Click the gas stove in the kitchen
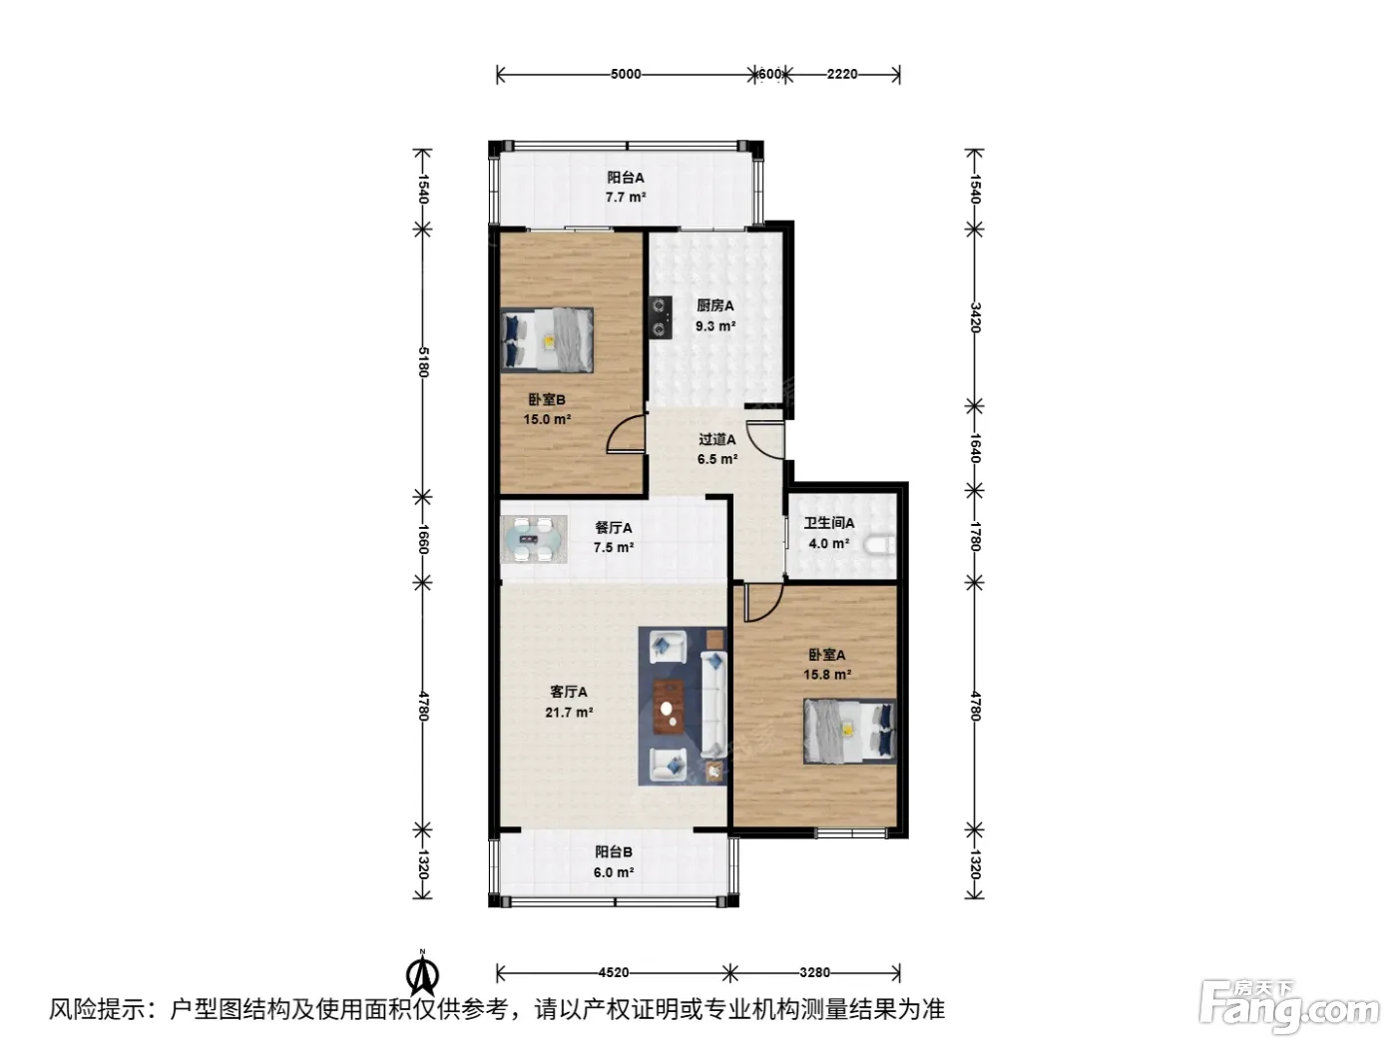click(x=660, y=316)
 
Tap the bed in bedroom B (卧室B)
click(x=547, y=339)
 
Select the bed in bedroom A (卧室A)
click(x=849, y=732)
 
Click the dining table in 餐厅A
click(x=533, y=539)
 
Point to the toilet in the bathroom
click(x=881, y=545)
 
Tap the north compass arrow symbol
click(x=423, y=972)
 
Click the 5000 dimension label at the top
click(x=626, y=75)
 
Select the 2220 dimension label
click(x=842, y=75)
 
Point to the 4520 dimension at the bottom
click(x=614, y=972)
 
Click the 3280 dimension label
click(x=814, y=972)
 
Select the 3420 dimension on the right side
click(x=975, y=317)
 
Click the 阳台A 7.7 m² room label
click(x=626, y=187)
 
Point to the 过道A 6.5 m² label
click(x=717, y=449)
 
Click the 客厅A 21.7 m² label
click(x=569, y=702)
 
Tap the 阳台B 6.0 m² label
click(x=614, y=862)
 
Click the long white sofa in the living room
click(x=713, y=703)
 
